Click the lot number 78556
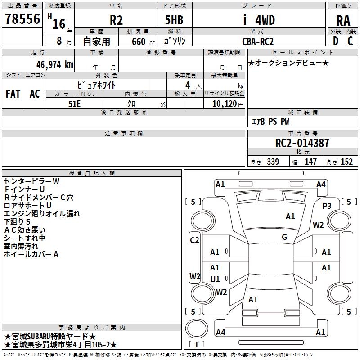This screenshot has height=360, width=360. [x=22, y=19]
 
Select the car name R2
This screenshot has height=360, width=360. [x=116, y=20]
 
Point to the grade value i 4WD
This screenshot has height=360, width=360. [x=258, y=20]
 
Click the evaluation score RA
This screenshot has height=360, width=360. [x=343, y=21]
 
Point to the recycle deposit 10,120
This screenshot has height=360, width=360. [x=224, y=104]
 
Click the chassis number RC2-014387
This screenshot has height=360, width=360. [x=302, y=143]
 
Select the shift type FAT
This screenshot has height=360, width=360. [x=13, y=94]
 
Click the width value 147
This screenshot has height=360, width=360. [x=310, y=162]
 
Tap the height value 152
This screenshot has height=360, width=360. [x=346, y=162]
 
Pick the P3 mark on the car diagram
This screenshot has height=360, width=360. [x=327, y=206]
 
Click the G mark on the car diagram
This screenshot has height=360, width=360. [x=284, y=237]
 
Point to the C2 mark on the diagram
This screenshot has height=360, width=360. [x=194, y=240]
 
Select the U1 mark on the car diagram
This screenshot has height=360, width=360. [x=215, y=279]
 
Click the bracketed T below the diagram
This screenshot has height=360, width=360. [x=197, y=345]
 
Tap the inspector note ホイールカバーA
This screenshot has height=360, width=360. [x=31, y=254]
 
